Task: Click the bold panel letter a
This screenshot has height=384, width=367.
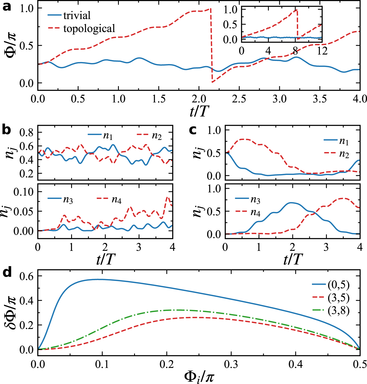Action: coord(7,6)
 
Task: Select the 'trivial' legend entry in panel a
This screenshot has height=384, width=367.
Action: coord(77,15)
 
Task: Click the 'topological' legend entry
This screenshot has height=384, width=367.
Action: coord(89,28)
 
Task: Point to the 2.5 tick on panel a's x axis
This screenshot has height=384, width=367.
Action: coord(239,99)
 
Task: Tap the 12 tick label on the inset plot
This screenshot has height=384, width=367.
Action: coord(322,51)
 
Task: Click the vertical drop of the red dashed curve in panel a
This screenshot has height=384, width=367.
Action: coord(211,45)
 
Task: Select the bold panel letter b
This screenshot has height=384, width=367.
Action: coord(7,130)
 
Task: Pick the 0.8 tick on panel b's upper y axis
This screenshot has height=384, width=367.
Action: coord(27,132)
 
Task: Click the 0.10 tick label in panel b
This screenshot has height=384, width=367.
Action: coord(24,192)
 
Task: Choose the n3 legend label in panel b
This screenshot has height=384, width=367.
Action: coord(68,200)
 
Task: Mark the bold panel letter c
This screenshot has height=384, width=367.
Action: coord(193,130)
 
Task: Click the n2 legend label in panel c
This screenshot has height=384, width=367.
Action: coord(344,155)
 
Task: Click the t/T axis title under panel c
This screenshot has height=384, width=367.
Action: coord(292,259)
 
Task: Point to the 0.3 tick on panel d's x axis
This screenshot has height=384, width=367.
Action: coord(231,364)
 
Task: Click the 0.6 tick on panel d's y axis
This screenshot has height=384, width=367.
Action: coord(27,276)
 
